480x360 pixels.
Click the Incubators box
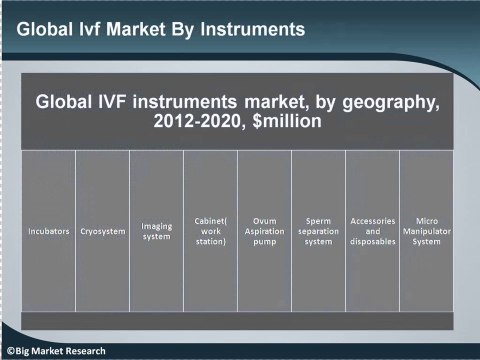[49, 232]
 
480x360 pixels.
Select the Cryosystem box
[103, 232]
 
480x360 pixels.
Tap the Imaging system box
[157, 232]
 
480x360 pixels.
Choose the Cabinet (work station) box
[211, 232]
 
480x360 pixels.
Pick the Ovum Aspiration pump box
[265, 232]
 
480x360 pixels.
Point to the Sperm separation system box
[319, 232]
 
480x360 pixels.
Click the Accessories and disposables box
[373, 232]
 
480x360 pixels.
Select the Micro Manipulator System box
[427, 232]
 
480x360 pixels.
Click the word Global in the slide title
[45, 29]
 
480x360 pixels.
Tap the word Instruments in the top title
[251, 29]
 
